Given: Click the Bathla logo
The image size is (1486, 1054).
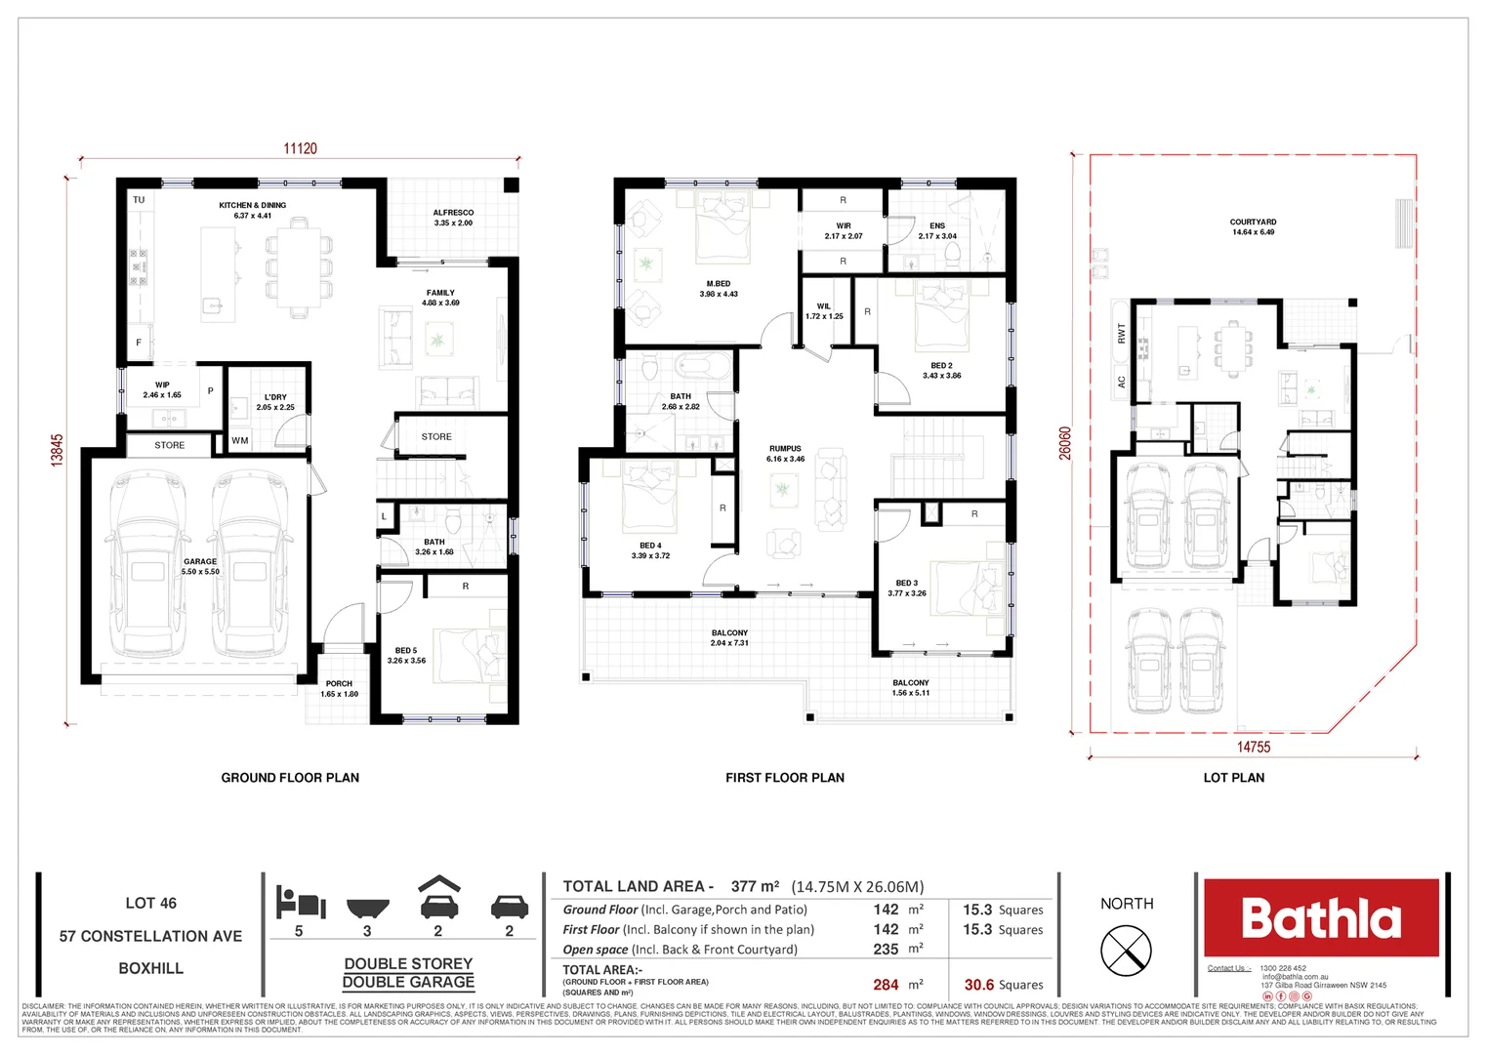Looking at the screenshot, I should [x=1320, y=917].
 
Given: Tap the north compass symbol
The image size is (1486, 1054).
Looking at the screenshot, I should [x=1126, y=950].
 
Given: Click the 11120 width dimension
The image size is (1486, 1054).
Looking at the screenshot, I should [x=300, y=148].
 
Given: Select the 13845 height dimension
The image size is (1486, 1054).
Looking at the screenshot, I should [x=58, y=450].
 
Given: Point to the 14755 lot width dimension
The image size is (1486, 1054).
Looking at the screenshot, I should [x=1254, y=747].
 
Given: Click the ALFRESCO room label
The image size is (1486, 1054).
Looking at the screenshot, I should [x=453, y=213].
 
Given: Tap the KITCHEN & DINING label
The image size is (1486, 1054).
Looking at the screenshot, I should [x=252, y=206].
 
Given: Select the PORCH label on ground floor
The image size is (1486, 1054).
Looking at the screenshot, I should [x=339, y=684].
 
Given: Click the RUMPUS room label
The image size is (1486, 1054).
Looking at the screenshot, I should [x=784, y=449].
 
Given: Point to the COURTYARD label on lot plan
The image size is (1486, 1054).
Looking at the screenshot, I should [x=1253, y=223].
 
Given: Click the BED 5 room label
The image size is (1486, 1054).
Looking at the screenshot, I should [x=406, y=650].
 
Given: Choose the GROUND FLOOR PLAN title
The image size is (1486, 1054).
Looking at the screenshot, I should [x=290, y=778].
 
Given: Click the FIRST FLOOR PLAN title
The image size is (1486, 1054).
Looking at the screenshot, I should [x=784, y=778].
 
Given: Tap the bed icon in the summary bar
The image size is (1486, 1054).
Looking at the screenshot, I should [x=300, y=902].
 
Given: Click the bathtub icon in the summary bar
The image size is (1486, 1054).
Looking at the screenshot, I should [x=367, y=908].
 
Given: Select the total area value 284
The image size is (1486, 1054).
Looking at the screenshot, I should [x=886, y=985].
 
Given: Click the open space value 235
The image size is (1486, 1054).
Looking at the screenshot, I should [x=886, y=949].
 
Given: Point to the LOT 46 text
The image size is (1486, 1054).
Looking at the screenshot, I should [x=150, y=904].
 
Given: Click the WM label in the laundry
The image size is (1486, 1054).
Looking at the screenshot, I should [x=240, y=440].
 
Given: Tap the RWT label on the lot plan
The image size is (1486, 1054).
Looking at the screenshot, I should [x=1121, y=333].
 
